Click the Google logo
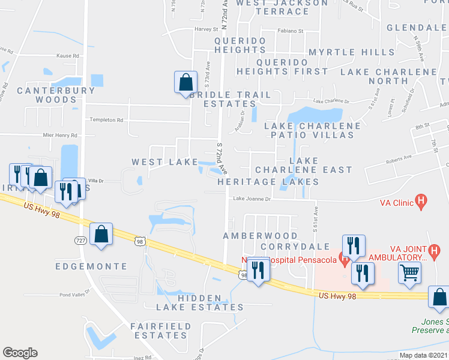20,353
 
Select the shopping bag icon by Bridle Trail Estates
185,82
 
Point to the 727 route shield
79,240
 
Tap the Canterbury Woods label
56,95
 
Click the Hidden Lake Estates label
200,302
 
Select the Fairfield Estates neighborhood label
161,331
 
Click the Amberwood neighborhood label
261,236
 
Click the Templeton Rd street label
106,120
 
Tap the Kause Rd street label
68,55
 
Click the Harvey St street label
205,29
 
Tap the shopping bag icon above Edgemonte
101,235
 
